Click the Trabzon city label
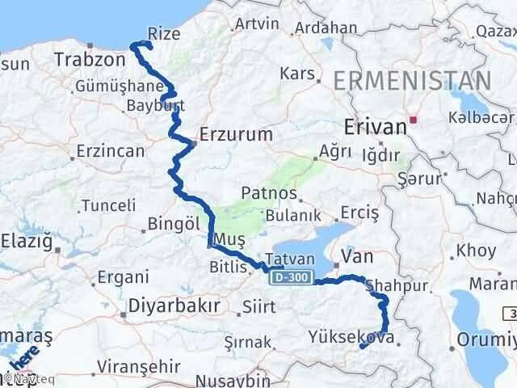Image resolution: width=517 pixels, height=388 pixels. pyautogui.click(x=87, y=59)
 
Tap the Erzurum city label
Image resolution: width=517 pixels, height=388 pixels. pyautogui.click(x=236, y=134)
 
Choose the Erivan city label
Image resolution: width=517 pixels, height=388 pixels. pyautogui.click(x=374, y=127)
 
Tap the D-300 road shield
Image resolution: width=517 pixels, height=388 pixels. pyautogui.click(x=288, y=277)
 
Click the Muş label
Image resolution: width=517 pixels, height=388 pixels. pyautogui.click(x=225, y=238)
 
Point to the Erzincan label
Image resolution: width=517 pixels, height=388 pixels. pyautogui.click(x=110, y=151)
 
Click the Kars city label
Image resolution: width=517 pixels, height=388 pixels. pyautogui.click(x=296, y=74)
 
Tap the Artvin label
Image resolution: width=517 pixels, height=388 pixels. pyautogui.click(x=255, y=24)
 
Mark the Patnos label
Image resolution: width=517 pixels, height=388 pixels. pyautogui.click(x=266, y=194)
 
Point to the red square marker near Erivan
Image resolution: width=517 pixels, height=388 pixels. pyautogui.click(x=413, y=120)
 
